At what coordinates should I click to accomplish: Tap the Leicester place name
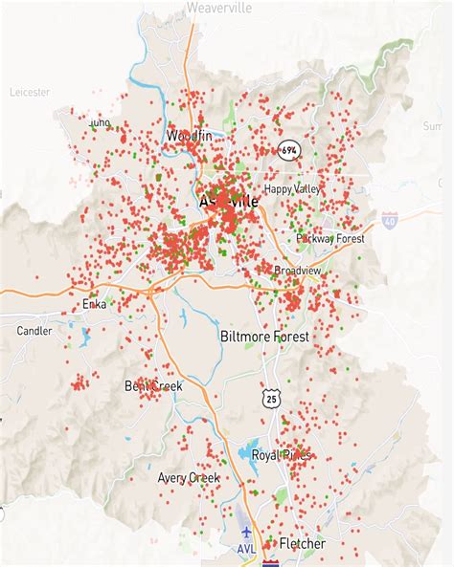coord(30,93)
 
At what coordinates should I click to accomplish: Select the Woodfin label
coord(189,137)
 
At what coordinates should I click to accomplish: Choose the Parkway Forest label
coord(329,238)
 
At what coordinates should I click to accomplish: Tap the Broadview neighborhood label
coord(299,271)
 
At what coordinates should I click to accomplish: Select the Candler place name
coord(34,331)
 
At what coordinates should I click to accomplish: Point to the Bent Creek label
coord(153,385)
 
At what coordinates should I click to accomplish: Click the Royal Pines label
coord(282,455)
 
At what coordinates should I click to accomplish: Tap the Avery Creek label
coord(189,477)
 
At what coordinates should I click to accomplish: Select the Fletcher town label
coord(303,544)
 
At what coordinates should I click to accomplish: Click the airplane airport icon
coord(247,531)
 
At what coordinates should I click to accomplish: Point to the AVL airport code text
coord(247,549)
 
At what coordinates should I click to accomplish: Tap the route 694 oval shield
coord(288,150)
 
